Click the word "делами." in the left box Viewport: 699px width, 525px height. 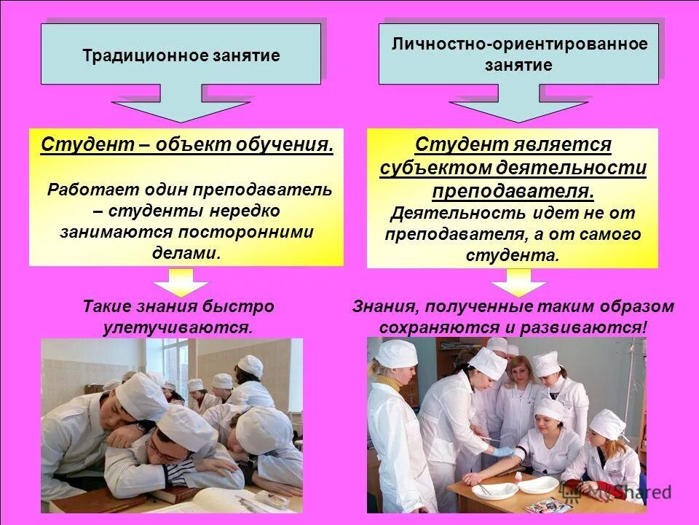pos(186,252)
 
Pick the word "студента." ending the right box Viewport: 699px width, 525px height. pos(513,255)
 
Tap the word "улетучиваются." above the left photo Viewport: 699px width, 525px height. pos(178,327)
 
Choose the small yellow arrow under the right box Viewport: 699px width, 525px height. pos(518,281)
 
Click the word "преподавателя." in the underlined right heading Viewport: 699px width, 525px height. pos(513,191)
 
